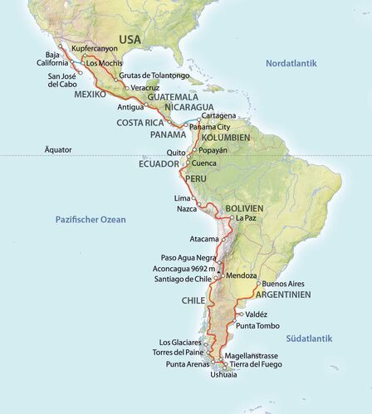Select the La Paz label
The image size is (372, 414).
(247, 218)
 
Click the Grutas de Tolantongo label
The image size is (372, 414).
(154, 76)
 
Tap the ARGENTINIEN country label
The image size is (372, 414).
(283, 295)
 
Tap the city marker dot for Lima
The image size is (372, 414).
(194, 199)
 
